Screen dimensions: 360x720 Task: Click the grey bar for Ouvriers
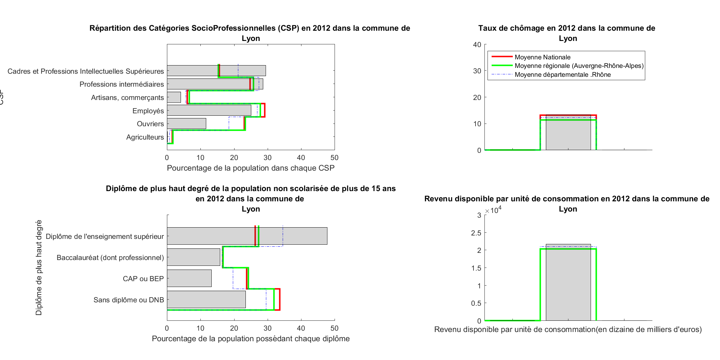point(186,124)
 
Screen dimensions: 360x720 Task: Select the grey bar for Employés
point(209,110)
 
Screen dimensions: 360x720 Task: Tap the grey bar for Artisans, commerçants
point(174,97)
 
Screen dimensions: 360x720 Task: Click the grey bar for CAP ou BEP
point(189,278)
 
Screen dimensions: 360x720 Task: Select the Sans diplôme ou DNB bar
point(206,299)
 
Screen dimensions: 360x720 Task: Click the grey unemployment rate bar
point(568,133)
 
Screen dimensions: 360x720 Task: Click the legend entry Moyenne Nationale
point(542,57)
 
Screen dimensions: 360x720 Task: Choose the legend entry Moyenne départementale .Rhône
point(562,75)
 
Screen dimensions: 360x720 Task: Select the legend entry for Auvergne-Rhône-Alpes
point(579,66)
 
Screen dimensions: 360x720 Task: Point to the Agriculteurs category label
point(145,137)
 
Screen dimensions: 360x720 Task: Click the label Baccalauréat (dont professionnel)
point(110,258)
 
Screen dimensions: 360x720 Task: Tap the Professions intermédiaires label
point(122,84)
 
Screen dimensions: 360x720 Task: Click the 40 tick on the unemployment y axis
point(477,45)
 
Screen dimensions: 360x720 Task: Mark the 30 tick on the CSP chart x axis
point(268,158)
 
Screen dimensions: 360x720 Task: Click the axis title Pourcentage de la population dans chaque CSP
point(251,168)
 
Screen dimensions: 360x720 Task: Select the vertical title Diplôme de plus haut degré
point(39,268)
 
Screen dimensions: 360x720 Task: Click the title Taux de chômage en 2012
point(567,28)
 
